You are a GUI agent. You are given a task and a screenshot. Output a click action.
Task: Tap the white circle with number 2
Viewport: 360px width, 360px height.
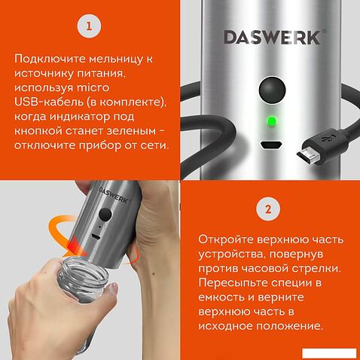click(x=270, y=209)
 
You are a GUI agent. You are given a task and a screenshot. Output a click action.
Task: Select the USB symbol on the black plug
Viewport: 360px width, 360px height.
click(x=327, y=140)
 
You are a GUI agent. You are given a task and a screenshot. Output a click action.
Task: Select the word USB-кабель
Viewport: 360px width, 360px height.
click(x=49, y=102)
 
